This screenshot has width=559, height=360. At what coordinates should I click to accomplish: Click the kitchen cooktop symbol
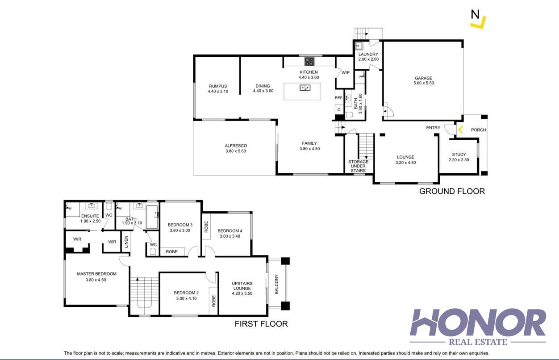tap(309, 62)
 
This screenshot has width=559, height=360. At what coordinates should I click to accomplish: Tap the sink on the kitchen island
tap(305, 88)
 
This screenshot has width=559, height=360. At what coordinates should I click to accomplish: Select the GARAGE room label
tap(424, 78)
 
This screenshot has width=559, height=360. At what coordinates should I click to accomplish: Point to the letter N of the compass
tap(475, 14)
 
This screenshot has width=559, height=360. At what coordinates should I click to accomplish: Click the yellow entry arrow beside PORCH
tap(460, 130)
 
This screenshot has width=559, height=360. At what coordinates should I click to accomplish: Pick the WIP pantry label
tap(346, 73)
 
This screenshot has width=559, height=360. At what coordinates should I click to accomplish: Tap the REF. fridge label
tap(338, 98)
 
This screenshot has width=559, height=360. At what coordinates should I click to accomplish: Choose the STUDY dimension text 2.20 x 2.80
tap(459, 160)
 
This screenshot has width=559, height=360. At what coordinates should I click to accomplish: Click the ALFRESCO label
tap(236, 146)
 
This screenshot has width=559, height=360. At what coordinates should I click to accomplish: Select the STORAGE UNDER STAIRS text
tap(359, 166)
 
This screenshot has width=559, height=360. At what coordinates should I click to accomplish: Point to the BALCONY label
tap(276, 284)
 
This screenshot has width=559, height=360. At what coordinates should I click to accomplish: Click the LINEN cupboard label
tap(126, 242)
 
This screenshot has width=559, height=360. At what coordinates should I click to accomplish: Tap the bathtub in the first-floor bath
tap(152, 217)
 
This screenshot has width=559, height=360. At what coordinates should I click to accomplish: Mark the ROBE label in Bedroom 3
tap(172, 251)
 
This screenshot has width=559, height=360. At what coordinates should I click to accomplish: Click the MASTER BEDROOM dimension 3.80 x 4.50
tap(96, 280)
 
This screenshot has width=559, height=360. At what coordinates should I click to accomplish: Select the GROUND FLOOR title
tap(452, 191)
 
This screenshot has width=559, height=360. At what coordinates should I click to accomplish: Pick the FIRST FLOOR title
tap(261, 324)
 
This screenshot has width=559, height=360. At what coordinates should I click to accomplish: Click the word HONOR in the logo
tap(478, 322)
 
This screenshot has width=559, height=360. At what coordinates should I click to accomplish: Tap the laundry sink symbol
tap(359, 46)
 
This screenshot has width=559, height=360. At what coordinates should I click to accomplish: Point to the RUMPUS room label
tap(218, 86)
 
